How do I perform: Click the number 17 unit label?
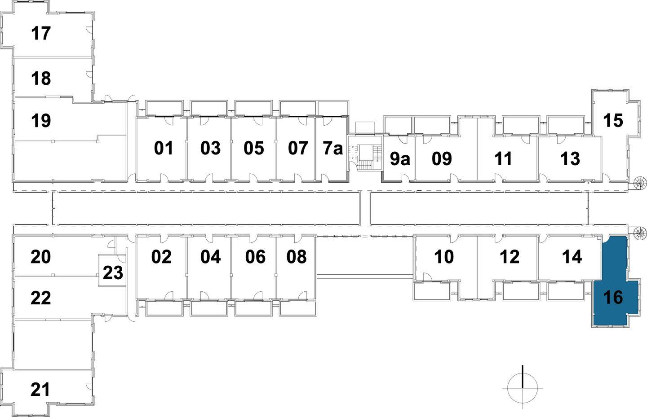(x=41, y=34)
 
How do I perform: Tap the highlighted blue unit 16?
(x=614, y=297)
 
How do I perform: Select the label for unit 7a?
(x=333, y=148)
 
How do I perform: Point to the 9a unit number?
(x=399, y=159)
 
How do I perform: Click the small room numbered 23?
(x=113, y=272)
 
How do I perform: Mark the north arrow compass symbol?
(x=523, y=387)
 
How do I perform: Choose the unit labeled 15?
(x=613, y=120)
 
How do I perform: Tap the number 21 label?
(x=41, y=390)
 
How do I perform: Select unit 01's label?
(x=164, y=148)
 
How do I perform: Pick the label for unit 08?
(x=297, y=257)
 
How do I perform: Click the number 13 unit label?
(x=571, y=159)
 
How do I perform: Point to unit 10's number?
(x=444, y=257)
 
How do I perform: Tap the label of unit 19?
(x=41, y=121)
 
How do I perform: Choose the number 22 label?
(x=41, y=298)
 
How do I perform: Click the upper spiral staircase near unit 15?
(x=638, y=182)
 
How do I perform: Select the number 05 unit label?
(x=254, y=148)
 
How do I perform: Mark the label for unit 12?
(x=510, y=257)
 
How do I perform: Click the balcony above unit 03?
(x=208, y=108)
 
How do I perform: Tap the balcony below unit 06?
(x=253, y=308)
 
